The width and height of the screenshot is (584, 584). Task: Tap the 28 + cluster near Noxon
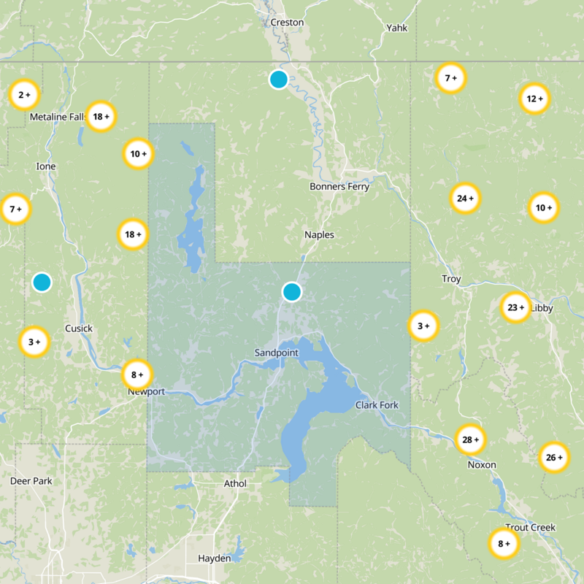[471, 439]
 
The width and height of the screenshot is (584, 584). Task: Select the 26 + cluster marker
[554, 458]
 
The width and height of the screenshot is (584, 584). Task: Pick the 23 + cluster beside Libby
[516, 307]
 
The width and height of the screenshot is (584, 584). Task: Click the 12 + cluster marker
[535, 99]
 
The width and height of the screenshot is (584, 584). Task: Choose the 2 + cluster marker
[24, 94]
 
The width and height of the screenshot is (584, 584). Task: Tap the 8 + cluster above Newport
[137, 375]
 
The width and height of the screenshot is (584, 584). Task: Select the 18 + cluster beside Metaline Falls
[101, 115]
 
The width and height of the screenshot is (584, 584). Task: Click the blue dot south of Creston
[278, 80]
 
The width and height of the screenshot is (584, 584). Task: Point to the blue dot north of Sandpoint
[292, 292]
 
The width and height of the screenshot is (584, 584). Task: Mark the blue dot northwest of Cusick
[42, 282]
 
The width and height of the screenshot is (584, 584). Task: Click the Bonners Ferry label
[339, 186]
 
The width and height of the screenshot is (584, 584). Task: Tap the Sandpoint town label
[277, 353]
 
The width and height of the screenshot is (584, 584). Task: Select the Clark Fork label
[377, 404]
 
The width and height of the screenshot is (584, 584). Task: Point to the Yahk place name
[397, 28]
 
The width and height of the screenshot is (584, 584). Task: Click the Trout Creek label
[530, 527]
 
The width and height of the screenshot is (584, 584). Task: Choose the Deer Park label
[28, 481]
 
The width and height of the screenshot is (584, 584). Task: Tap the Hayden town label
[215, 558]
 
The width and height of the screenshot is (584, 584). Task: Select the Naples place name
[319, 234]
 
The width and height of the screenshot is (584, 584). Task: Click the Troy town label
[451, 279]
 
